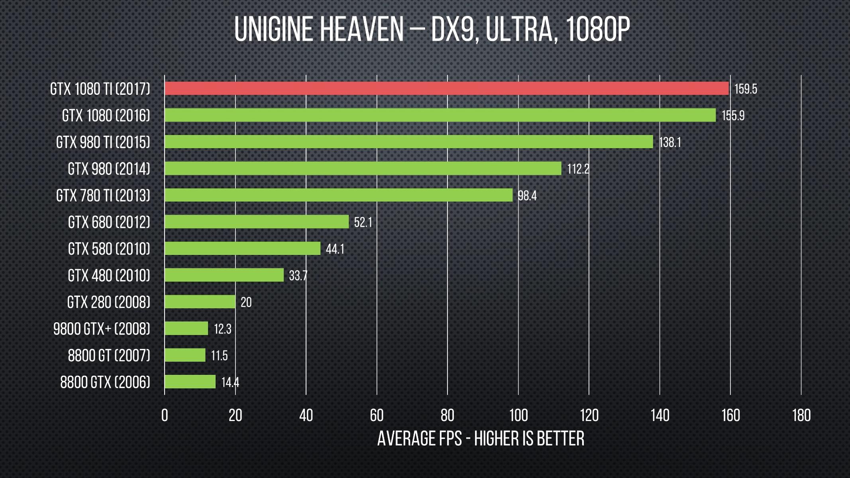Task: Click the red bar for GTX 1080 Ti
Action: tap(446, 88)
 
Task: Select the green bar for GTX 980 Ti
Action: tap(408, 142)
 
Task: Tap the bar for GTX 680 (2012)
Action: tap(257, 222)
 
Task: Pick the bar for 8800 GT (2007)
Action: tap(185, 355)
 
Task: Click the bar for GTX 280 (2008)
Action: tap(200, 302)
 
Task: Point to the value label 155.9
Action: tap(733, 116)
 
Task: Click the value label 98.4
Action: tap(527, 196)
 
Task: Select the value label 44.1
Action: tap(335, 249)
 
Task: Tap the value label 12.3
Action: tap(222, 329)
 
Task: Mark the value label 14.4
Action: tap(230, 383)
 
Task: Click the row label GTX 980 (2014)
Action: tap(109, 169)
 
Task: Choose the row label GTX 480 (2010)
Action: tap(109, 276)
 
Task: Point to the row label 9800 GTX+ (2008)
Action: tap(102, 329)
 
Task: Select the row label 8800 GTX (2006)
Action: tap(105, 382)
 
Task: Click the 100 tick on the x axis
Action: tap(518, 416)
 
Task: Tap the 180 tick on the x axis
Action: tap(801, 416)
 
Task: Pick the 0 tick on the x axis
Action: tap(165, 416)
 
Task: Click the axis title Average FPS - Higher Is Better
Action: tap(481, 439)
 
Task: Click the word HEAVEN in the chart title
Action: tap(361, 29)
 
